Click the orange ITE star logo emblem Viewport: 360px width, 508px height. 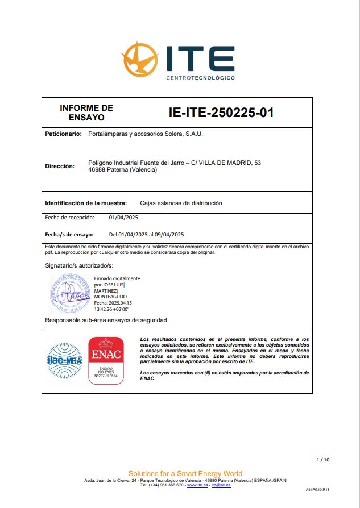[139, 59]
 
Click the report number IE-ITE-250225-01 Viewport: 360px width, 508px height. [221, 113]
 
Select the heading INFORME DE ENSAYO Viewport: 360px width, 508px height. [86, 113]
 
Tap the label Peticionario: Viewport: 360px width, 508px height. [63, 135]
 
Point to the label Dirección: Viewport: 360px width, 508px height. [60, 166]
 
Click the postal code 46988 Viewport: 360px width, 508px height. [97, 170]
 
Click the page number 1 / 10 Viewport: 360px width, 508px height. [322, 459]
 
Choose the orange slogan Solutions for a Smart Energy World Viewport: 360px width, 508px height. [185, 473]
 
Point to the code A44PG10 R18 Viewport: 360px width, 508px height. [317, 489]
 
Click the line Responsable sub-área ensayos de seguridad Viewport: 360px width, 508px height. [106, 320]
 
